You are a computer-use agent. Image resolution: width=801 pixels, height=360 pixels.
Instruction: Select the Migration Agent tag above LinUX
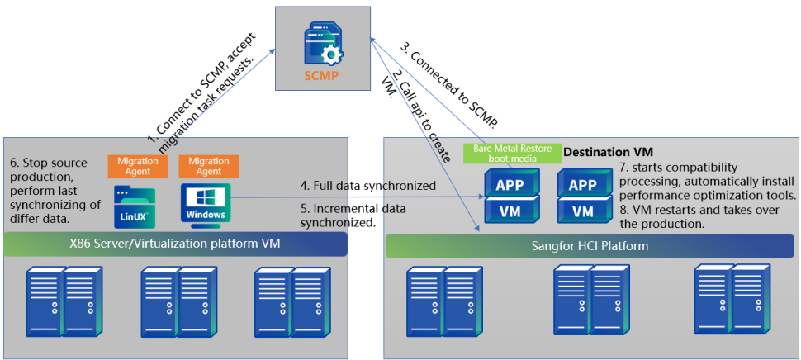[x=138, y=166]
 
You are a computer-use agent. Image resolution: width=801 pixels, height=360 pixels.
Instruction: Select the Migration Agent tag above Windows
[x=209, y=166]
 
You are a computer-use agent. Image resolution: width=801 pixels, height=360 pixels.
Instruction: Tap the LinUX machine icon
[x=135, y=207]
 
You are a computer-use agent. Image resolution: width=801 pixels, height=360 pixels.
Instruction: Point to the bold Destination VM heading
[x=608, y=152]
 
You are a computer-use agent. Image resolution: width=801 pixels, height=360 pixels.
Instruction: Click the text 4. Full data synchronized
[x=368, y=186]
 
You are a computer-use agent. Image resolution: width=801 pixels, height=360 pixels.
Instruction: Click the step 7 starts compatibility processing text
[x=705, y=181]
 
